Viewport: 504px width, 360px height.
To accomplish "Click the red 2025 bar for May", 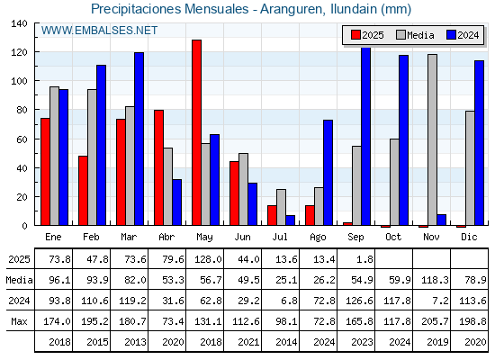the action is click(197, 132).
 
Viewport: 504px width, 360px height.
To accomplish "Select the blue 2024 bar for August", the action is click(328, 173).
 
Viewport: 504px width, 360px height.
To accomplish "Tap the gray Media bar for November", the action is click(432, 139).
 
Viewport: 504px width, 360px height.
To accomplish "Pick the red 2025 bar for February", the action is click(83, 191).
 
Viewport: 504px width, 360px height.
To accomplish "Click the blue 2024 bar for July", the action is click(290, 220).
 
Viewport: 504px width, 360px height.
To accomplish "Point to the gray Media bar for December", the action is click(470, 168).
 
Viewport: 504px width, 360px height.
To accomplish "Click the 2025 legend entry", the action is click(367, 35).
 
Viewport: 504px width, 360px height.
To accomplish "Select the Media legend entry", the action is click(415, 35).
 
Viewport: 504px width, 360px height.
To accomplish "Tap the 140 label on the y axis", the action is click(20, 23).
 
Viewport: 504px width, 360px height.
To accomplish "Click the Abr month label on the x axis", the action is click(166, 237).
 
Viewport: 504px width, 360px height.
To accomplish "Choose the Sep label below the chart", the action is click(355, 238).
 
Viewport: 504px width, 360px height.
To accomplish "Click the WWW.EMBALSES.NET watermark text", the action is click(99, 31).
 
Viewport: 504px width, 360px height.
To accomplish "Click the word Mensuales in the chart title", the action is click(217, 9).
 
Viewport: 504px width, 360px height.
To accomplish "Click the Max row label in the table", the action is click(19, 321).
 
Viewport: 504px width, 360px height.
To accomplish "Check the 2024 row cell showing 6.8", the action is click(289, 301).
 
